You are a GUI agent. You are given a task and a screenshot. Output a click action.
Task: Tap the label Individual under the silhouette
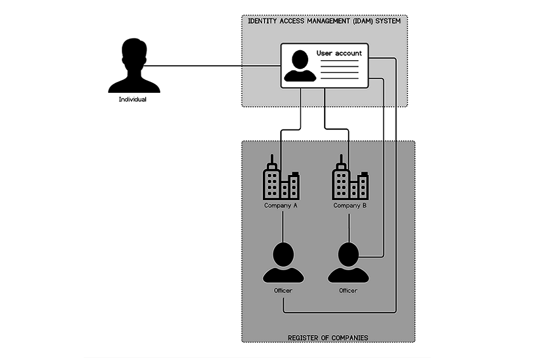133,100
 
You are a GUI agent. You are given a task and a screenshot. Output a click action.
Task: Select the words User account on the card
339,53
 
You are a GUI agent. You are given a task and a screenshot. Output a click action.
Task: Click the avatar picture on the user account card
300,66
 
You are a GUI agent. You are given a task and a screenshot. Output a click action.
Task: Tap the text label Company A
281,205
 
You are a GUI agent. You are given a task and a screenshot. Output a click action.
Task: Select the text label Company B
350,205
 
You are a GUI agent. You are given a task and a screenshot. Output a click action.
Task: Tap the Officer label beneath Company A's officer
283,290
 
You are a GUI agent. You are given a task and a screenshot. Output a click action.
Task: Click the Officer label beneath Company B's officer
348,290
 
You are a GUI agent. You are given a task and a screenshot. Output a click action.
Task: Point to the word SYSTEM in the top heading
389,21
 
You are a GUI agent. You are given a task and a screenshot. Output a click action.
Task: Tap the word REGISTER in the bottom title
304,338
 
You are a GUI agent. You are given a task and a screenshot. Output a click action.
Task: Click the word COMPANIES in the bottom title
349,338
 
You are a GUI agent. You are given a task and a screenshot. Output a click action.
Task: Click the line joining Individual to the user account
214,66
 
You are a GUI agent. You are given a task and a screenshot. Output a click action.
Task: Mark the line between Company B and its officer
350,226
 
